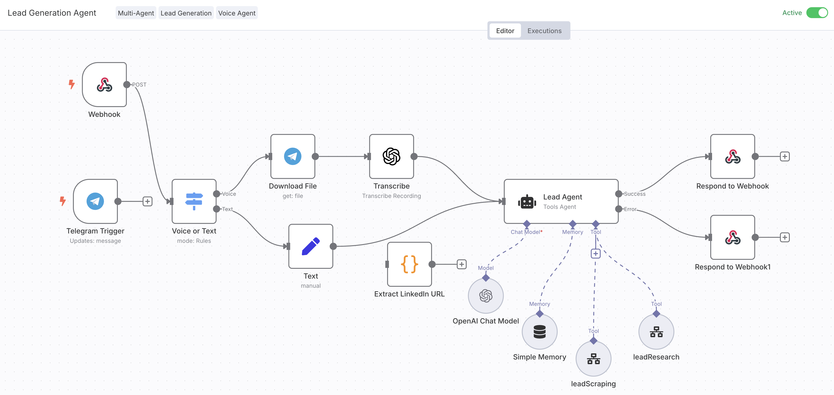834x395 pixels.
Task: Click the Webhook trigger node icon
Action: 104,85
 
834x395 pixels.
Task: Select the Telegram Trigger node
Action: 95,201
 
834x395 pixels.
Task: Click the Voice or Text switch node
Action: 194,201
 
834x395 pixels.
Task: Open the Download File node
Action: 293,157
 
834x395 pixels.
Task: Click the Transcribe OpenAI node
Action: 392,157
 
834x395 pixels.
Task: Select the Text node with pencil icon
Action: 311,246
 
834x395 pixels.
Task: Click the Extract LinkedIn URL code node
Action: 409,264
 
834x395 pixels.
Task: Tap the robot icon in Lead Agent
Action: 527,202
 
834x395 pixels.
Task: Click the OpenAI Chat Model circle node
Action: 486,296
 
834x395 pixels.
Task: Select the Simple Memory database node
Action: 539,332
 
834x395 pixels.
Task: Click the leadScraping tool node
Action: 593,358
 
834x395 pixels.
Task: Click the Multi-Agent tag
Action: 136,13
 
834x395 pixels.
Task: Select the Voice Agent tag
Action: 237,13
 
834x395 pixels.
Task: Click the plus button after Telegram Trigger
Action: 147,201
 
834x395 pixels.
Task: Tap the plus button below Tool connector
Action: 595,253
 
